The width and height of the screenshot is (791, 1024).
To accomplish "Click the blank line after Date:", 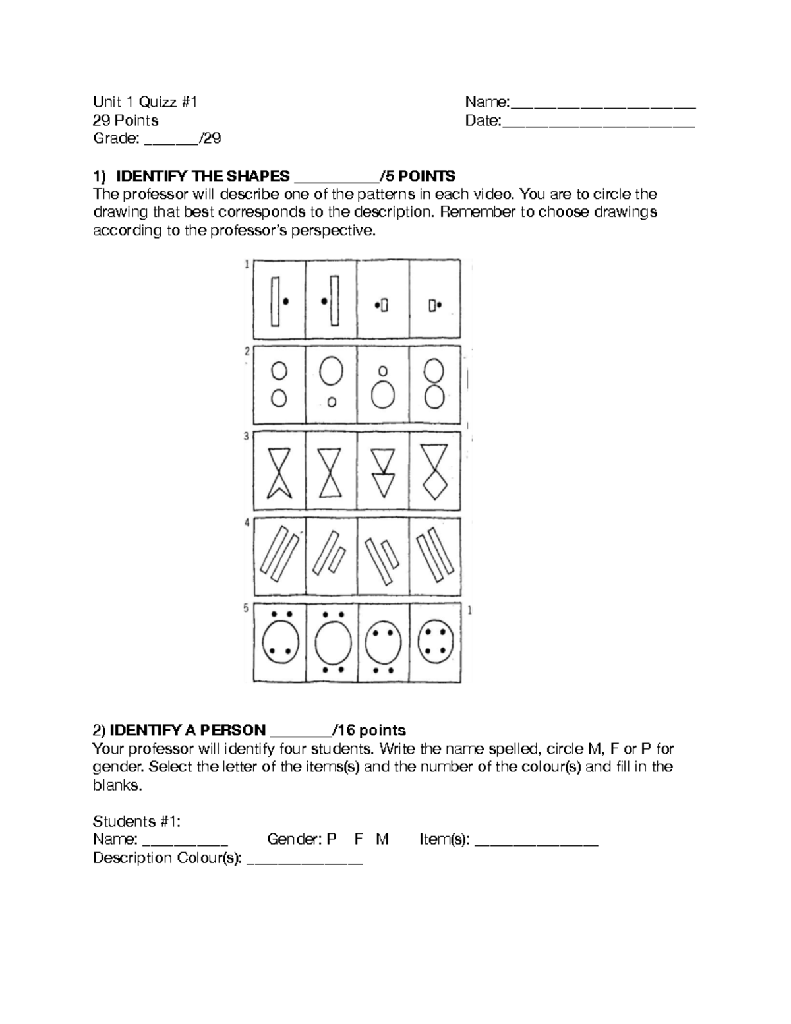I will point(599,122).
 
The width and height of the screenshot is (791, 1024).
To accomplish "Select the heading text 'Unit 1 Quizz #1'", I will point(145,102).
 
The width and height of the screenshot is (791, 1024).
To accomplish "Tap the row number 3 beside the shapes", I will point(247,437).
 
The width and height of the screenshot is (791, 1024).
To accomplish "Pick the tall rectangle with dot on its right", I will point(279,301).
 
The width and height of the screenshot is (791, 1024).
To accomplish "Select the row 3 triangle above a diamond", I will point(434,471).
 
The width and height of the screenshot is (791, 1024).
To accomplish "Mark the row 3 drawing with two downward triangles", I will point(382,471).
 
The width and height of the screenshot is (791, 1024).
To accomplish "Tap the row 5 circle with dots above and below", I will point(331,642).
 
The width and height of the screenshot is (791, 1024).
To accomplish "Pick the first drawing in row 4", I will point(279,557).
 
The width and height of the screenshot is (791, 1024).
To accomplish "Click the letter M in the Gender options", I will point(382,839).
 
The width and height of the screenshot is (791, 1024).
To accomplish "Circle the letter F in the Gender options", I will point(359,839).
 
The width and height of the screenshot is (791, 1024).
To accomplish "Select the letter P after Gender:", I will point(332,839).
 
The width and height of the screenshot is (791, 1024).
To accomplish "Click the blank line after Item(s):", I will point(536,841).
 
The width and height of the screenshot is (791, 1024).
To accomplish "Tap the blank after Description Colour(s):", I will point(304,859).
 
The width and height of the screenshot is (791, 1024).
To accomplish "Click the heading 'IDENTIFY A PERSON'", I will point(187,731).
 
